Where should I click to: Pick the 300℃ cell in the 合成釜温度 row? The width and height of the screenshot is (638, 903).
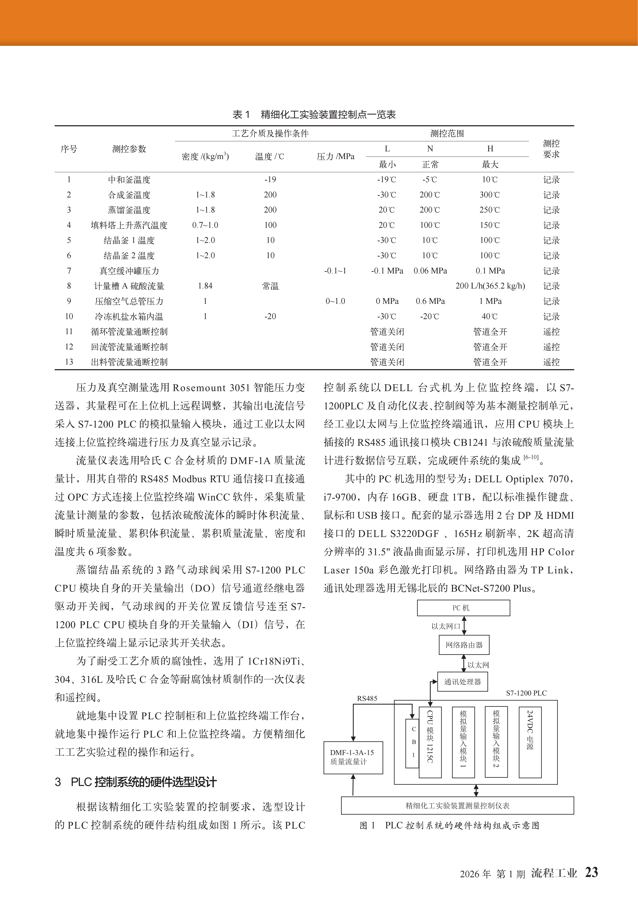pyautogui.click(x=490, y=195)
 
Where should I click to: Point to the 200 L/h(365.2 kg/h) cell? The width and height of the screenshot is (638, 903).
pyautogui.click(x=490, y=286)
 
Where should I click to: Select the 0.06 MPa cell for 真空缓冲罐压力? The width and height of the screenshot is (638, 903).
pyautogui.click(x=430, y=271)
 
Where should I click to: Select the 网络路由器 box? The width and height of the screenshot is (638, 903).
pyautogui.click(x=464, y=645)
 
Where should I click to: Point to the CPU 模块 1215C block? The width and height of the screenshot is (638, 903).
pyautogui.click(x=430, y=742)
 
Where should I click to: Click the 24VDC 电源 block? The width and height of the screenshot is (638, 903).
pyautogui.click(x=530, y=742)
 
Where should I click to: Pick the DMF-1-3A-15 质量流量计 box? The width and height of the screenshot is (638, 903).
pyautogui.click(x=353, y=757)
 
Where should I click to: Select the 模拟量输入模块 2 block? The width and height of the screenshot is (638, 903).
pyautogui.click(x=496, y=742)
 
